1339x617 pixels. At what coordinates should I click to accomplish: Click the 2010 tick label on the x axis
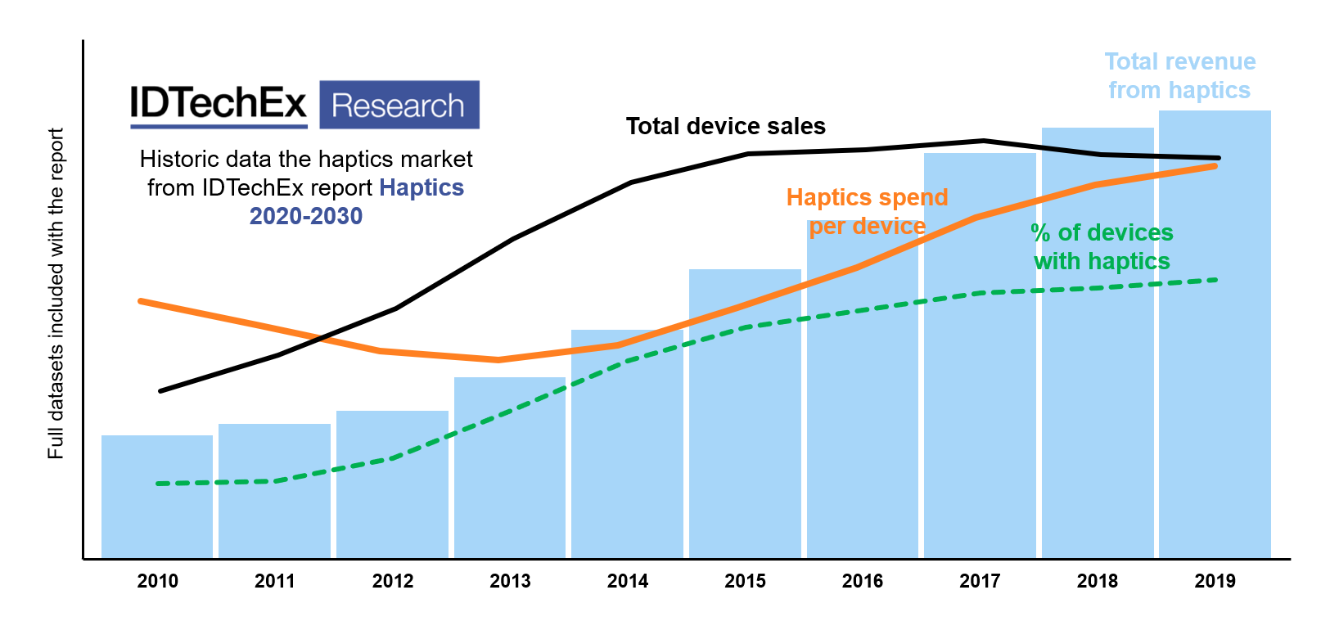(x=157, y=581)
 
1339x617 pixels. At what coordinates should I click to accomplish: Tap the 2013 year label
(x=510, y=581)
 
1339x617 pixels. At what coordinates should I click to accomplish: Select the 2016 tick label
(x=863, y=581)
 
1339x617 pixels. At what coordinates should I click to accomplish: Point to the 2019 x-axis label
(x=1215, y=581)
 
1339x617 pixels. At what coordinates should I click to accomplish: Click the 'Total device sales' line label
(x=726, y=126)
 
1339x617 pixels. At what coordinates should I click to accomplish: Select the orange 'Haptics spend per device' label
(x=867, y=212)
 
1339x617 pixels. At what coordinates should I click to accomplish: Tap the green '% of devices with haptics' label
(x=1102, y=247)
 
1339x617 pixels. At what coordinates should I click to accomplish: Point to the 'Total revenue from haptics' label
(x=1179, y=76)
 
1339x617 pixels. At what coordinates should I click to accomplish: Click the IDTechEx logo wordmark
(x=219, y=104)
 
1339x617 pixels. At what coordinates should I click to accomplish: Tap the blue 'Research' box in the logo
(x=399, y=105)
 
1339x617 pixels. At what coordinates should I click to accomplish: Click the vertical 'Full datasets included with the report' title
(x=56, y=293)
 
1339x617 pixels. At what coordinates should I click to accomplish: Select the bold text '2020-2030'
(x=306, y=216)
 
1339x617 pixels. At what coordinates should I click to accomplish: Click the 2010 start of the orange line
(x=141, y=301)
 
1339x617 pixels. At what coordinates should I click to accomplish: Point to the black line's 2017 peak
(x=983, y=141)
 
